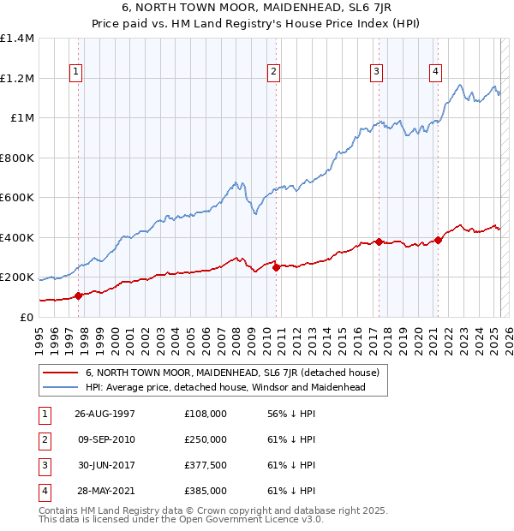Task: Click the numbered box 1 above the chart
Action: coord(77,72)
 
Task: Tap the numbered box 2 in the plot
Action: coord(274,72)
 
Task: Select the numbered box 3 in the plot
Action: coord(376,72)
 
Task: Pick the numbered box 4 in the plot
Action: coord(436,72)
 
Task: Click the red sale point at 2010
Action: coord(276,267)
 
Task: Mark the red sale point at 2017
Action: coord(379,242)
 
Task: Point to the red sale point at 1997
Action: coord(79,295)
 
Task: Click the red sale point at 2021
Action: coord(438,240)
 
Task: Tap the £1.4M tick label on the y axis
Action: coord(17,39)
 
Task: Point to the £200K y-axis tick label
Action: coord(17,277)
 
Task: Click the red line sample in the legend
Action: coord(62,373)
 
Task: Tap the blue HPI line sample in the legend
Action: coord(62,387)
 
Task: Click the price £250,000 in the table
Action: coord(206,439)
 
